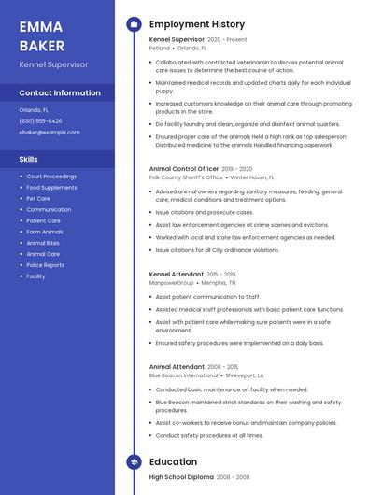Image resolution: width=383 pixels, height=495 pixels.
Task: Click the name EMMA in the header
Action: tap(40, 26)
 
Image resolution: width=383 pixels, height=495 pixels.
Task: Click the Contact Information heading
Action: tap(60, 93)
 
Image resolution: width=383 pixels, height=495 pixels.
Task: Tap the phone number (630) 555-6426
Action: tap(41, 120)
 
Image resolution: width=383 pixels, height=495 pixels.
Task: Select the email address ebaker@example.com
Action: tap(50, 132)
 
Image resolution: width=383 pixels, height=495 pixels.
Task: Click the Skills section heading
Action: tap(29, 159)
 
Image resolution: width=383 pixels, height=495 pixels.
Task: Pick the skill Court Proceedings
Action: tap(51, 176)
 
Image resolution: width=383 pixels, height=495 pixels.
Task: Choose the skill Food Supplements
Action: tap(51, 187)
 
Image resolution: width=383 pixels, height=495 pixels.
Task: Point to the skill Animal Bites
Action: tap(43, 243)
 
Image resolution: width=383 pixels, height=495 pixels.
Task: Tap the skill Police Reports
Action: tap(45, 265)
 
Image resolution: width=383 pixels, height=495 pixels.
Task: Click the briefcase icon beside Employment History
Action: tap(133, 24)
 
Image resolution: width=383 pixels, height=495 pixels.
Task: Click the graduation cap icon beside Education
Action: tap(133, 461)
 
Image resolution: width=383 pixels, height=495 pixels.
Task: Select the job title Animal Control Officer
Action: tap(183, 169)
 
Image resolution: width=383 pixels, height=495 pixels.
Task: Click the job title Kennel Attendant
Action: tap(177, 274)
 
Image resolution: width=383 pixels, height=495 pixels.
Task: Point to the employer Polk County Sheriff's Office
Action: tap(186, 177)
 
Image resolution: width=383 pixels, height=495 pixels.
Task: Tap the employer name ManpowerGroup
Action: tap(171, 282)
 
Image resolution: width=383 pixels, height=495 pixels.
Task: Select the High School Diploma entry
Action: tap(181, 477)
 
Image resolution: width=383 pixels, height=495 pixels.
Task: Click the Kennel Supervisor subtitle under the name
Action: tap(53, 64)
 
